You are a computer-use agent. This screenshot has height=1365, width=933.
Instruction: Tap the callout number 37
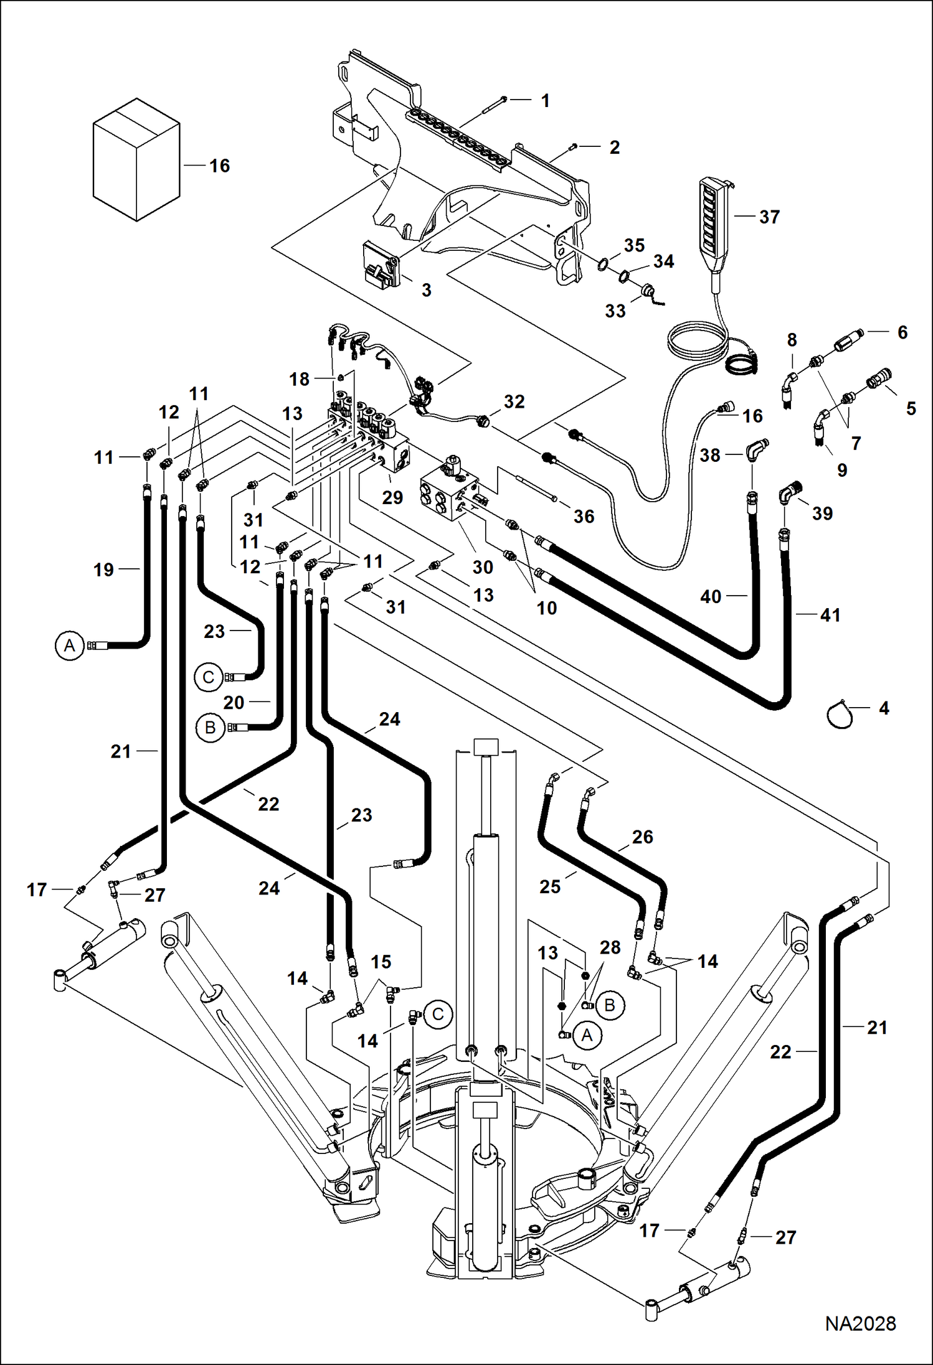769,217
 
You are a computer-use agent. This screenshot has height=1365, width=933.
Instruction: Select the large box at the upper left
136,159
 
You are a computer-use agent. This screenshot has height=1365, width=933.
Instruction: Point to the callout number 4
883,708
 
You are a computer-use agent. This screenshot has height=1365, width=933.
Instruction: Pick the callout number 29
392,497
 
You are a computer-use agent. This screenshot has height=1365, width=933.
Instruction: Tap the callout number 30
483,567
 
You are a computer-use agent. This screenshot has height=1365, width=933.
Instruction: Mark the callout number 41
830,615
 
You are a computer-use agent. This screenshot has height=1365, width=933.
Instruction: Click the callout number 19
103,570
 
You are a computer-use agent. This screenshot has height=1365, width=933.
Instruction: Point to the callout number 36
584,516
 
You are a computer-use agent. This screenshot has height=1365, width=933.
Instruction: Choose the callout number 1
545,100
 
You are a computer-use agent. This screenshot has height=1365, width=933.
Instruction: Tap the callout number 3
426,290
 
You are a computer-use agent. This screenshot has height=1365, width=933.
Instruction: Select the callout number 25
550,886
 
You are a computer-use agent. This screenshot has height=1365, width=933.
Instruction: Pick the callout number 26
642,837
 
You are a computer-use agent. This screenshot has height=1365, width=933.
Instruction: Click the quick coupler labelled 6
851,341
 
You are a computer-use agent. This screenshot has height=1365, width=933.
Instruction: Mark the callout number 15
381,962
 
